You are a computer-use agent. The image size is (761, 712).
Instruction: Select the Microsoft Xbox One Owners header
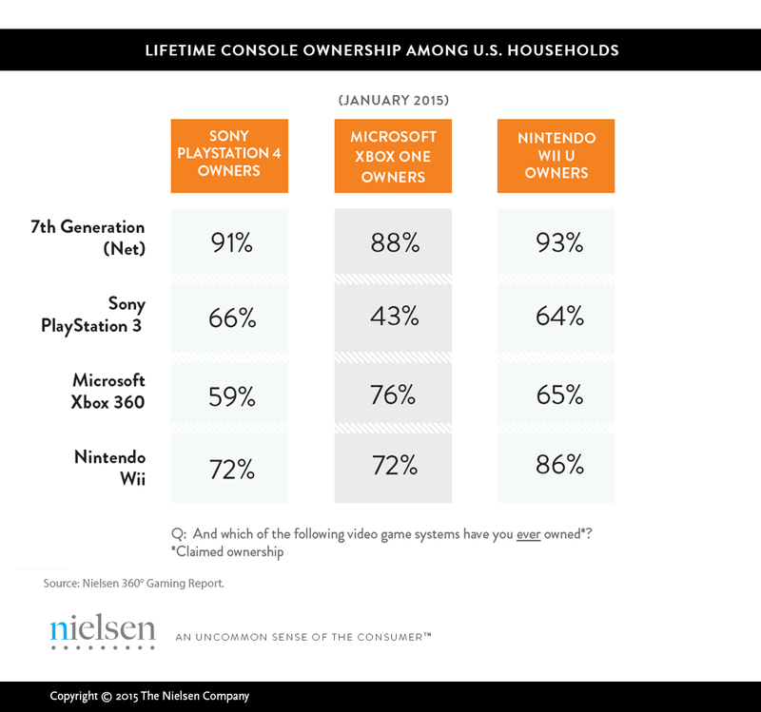coord(393,156)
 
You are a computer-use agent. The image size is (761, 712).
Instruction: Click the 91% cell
coord(231,243)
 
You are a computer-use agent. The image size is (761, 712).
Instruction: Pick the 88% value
coord(394,243)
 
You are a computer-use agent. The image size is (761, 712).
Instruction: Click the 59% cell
coord(231,393)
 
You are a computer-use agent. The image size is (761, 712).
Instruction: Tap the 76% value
coord(394,393)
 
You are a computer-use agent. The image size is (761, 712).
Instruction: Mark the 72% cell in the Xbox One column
coord(394,465)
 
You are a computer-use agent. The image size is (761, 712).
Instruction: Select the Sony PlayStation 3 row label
coord(93,315)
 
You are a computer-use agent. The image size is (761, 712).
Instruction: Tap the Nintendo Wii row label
coord(109,465)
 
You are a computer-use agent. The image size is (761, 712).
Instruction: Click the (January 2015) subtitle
coord(393,99)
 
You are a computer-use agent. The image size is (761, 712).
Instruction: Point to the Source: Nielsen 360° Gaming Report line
coord(134,583)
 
